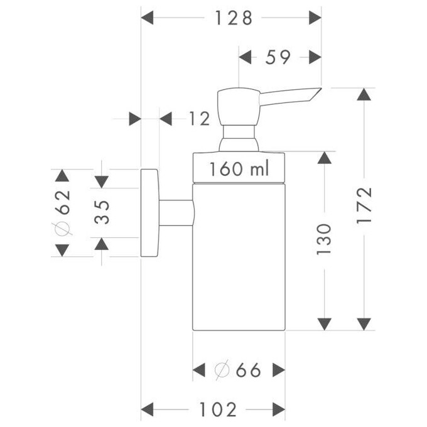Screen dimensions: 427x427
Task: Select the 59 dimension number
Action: (x=278, y=57)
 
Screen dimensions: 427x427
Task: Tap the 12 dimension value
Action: (x=198, y=118)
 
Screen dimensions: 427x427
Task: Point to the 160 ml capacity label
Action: (x=239, y=168)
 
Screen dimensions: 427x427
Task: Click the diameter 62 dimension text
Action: (x=62, y=212)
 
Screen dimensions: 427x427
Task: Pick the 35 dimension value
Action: (x=102, y=212)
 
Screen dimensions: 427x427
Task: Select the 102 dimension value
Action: (x=218, y=410)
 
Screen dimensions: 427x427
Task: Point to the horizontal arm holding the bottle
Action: (x=175, y=213)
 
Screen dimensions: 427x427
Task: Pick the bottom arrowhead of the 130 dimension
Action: (x=324, y=323)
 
